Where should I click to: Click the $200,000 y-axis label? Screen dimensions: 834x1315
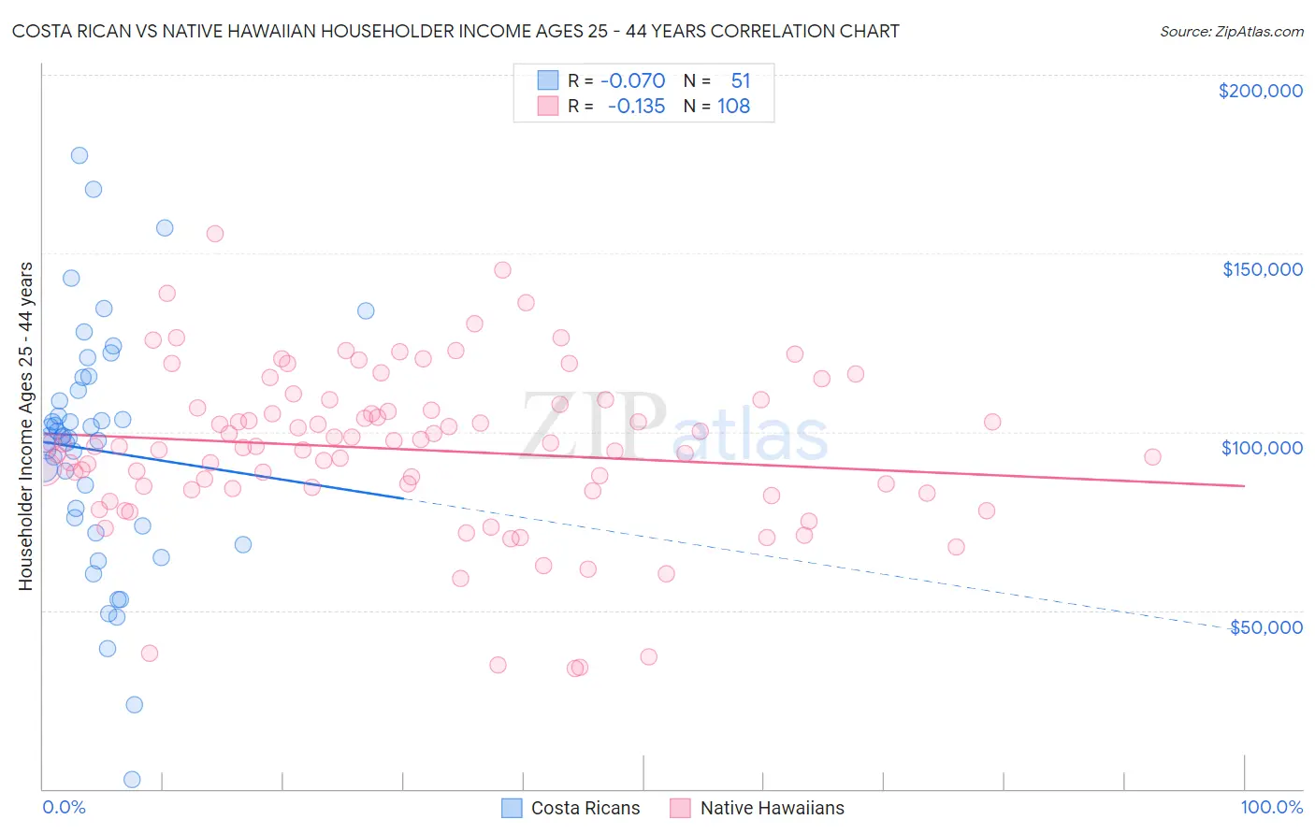tap(1260, 91)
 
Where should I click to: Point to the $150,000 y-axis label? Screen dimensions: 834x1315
tap(1262, 269)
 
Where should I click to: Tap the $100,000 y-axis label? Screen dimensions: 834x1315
tap(1262, 448)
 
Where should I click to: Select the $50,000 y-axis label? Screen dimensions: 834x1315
tap(1265, 627)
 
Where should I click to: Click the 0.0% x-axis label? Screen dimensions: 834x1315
tap(64, 807)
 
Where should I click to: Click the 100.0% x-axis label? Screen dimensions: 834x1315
tap(1271, 807)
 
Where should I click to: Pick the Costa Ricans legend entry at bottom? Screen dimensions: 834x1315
tap(571, 808)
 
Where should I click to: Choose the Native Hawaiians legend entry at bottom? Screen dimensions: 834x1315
tap(758, 808)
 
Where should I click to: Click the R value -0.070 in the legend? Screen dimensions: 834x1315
tap(632, 80)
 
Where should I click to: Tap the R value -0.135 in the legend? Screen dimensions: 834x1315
tap(636, 106)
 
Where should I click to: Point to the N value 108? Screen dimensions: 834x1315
tap(733, 106)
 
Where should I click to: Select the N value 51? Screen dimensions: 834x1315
tap(740, 80)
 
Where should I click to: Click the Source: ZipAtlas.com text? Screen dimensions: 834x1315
tap(1231, 32)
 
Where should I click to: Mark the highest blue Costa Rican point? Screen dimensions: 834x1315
tap(79, 155)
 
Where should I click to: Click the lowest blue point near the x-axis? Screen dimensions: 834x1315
tap(132, 779)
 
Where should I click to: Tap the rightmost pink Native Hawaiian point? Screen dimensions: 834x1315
tap(1152, 457)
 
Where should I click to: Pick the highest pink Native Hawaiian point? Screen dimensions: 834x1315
tap(215, 234)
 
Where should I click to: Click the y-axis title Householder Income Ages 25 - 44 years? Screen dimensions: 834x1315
tap(25, 425)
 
